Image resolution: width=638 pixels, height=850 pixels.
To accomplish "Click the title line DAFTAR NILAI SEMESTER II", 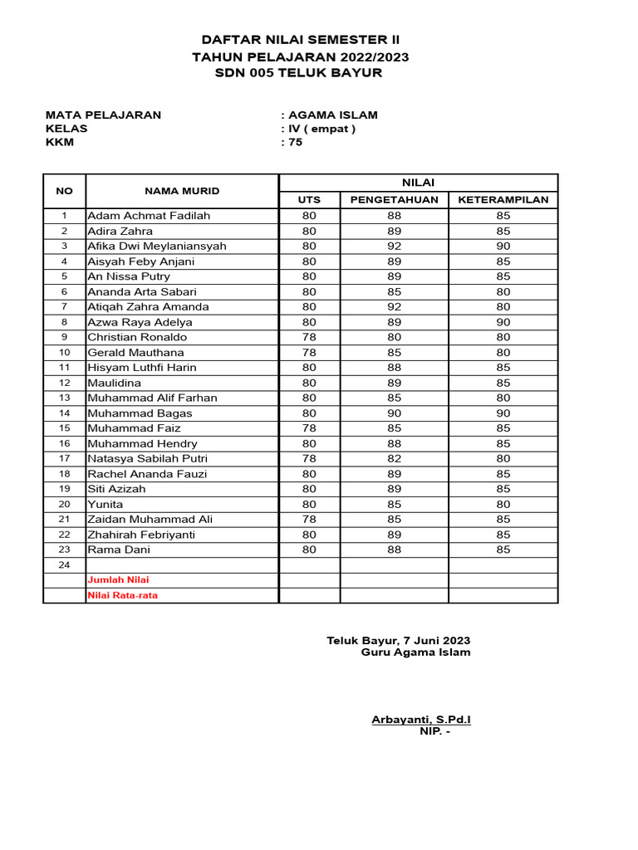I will [300, 40].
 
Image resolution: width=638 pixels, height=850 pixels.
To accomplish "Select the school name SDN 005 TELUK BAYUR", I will [300, 73].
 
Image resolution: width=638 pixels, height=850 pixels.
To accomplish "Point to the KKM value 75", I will [295, 142].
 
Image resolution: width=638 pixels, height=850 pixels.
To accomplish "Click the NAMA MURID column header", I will [182, 191].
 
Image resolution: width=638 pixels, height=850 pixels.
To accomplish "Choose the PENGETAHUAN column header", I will [395, 200].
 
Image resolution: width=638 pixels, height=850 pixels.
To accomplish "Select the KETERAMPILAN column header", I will [503, 200].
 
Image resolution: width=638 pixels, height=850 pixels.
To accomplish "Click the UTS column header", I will [309, 200].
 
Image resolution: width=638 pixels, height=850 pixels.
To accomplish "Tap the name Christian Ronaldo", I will [137, 337].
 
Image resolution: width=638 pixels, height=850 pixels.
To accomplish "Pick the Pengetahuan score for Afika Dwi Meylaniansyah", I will [395, 246].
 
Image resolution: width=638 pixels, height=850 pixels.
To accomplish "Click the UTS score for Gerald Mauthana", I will [309, 353].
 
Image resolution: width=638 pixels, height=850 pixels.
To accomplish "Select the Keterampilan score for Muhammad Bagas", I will [503, 413].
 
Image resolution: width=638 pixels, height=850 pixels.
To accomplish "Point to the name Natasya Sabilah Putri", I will [148, 459].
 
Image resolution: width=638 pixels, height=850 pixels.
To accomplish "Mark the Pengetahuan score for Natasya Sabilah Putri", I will [395, 459].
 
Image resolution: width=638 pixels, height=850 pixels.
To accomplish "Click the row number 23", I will [64, 550].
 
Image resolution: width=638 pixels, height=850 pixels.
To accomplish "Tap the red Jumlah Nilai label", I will [119, 580].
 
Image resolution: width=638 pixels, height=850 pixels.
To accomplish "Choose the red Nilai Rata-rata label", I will [123, 595].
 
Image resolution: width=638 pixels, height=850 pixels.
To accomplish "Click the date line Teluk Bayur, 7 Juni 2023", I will [399, 641].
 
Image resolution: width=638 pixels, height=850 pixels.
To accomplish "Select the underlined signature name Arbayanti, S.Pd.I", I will [421, 720].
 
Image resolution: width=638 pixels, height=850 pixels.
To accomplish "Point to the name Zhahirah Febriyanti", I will [141, 535].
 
